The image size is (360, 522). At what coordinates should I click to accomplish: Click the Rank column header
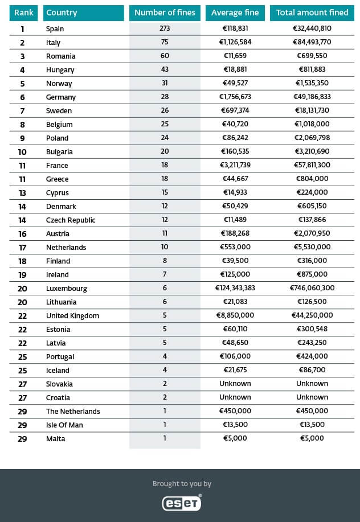click(x=24, y=13)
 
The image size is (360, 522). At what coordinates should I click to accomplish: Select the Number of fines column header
click(x=165, y=13)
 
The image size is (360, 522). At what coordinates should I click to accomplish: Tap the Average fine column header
click(x=235, y=13)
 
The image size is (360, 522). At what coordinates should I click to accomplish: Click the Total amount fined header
click(x=312, y=13)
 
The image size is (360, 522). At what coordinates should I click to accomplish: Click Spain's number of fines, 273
click(x=165, y=28)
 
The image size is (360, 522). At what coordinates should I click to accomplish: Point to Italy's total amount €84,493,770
click(x=312, y=42)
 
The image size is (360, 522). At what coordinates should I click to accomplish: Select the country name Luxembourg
click(x=67, y=288)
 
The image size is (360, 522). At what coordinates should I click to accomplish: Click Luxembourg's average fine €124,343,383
click(x=235, y=288)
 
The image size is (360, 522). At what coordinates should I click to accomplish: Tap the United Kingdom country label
click(x=72, y=315)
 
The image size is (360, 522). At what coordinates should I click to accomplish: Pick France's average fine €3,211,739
click(x=235, y=165)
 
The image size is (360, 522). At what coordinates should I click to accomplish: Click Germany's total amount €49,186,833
click(x=312, y=97)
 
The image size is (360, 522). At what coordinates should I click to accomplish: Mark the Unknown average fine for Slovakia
click(x=235, y=384)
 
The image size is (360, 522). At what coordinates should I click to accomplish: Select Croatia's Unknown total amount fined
click(x=312, y=397)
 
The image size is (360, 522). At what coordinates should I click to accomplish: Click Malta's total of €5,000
click(x=312, y=438)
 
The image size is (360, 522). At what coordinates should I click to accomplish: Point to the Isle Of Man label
click(x=66, y=425)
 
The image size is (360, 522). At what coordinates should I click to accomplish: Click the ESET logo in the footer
click(x=181, y=503)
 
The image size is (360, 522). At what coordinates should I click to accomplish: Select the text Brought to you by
click(x=182, y=484)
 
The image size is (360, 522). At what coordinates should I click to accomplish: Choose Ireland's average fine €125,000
click(x=235, y=274)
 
